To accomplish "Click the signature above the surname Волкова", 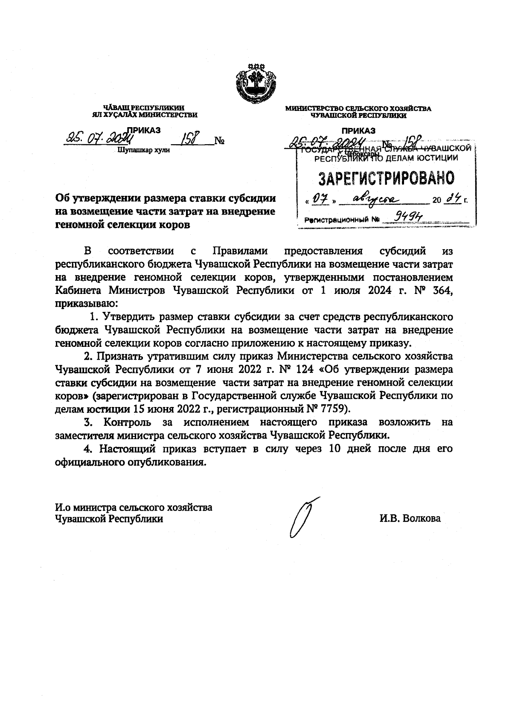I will point(303,517).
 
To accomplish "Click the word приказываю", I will point(85,304).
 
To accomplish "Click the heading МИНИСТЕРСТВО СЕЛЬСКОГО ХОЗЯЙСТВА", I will point(358,109).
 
